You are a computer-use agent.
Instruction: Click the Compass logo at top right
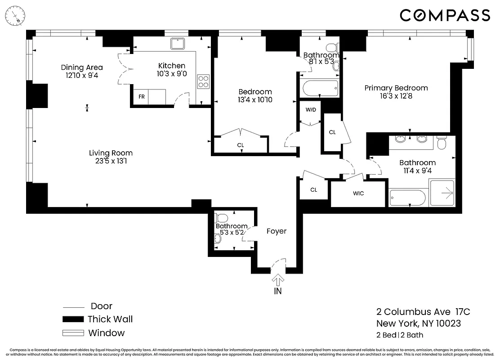445,15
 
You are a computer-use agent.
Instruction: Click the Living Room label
111,153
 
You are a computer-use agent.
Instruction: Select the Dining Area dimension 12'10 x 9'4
81,76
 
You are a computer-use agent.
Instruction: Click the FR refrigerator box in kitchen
141,97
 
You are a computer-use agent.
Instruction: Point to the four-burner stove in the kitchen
203,81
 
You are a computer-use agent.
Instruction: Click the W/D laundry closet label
311,109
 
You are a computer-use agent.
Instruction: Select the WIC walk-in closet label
358,193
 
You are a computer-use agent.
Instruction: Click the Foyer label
276,231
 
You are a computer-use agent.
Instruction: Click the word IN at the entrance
278,292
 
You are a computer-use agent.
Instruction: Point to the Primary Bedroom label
396,88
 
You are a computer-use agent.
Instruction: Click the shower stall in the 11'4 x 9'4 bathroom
442,193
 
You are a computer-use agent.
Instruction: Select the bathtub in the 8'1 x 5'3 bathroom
318,88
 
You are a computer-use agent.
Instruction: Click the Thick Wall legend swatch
73,319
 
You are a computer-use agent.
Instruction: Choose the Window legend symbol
73,333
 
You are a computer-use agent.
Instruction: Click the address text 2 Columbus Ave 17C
423,312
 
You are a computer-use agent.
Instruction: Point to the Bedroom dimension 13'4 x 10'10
255,100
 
